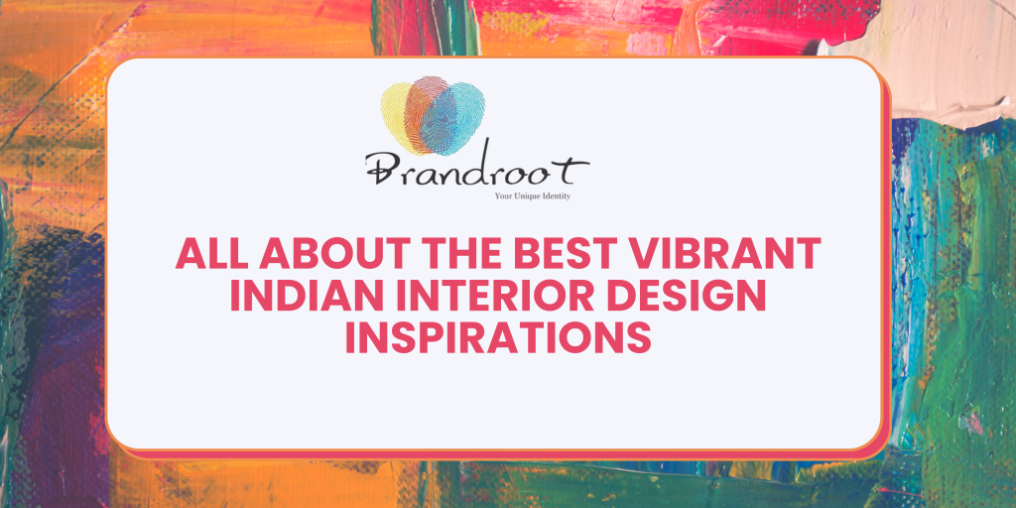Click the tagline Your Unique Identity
pos(532,196)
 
